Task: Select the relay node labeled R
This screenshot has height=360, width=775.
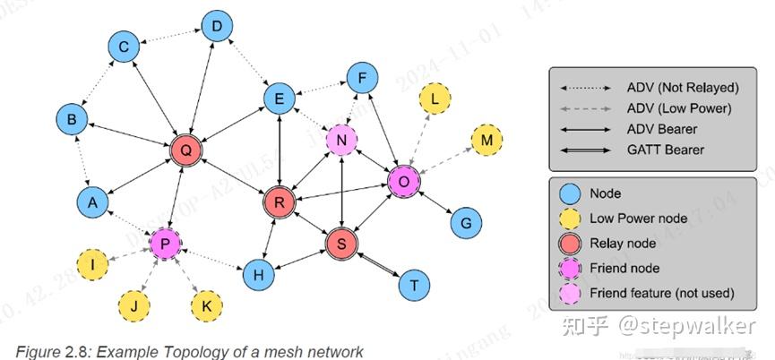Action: coord(280,202)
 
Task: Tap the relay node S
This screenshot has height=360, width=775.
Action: coord(341,243)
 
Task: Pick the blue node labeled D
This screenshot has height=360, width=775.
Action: coord(217,28)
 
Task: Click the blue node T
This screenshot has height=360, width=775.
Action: coord(414,284)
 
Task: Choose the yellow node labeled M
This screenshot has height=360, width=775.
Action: coord(487,141)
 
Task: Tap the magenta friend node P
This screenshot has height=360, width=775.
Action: coord(165,243)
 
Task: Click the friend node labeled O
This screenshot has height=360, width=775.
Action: coord(404,181)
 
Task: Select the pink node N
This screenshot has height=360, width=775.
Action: coord(341,140)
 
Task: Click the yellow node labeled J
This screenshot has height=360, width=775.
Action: coord(133,305)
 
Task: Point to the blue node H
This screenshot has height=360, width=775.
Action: coord(258,275)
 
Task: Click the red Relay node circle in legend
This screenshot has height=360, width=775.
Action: coord(570,243)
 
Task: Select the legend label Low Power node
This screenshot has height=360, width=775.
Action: coord(637,218)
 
